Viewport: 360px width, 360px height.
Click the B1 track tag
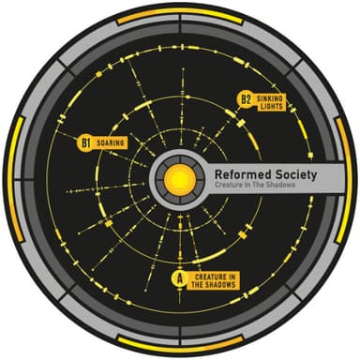coord(84,143)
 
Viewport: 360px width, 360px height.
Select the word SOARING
coord(111,143)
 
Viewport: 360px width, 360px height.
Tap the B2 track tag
coord(246,97)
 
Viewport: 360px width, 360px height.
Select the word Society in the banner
coord(294,174)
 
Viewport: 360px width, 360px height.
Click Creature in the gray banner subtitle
coord(231,189)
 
